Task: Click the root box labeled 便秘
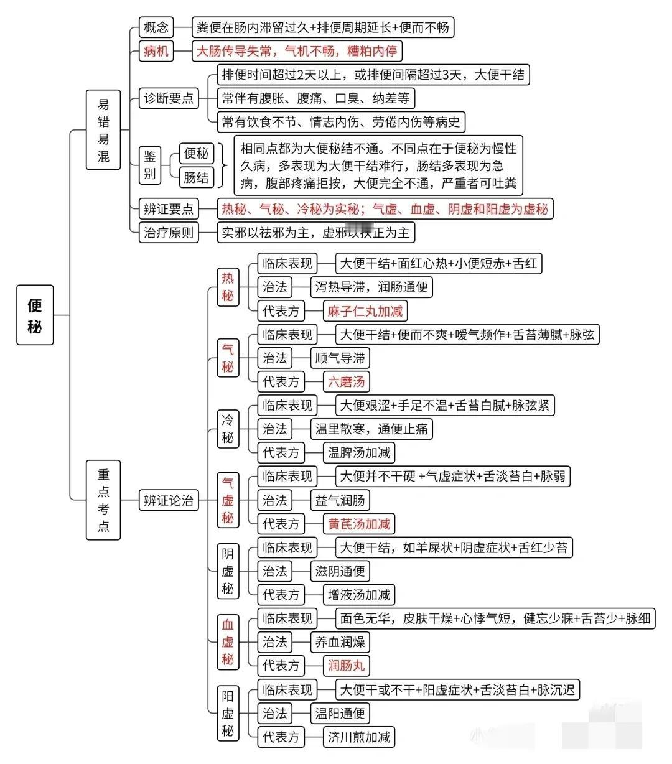tap(35, 315)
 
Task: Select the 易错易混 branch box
tap(103, 130)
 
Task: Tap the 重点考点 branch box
tap(103, 500)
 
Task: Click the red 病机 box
tap(156, 51)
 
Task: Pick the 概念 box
tap(156, 27)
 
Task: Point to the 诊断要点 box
tap(169, 98)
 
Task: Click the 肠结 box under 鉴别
tap(197, 177)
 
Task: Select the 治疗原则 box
tap(169, 232)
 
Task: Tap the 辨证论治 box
tap(169, 500)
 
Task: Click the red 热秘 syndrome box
tap(228, 287)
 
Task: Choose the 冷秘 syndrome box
tap(228, 429)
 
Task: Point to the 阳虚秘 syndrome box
tap(228, 714)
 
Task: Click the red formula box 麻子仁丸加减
tap(365, 311)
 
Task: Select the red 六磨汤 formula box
tap(346, 381)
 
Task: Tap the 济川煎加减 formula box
tap(359, 737)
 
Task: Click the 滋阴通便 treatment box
tap(340, 571)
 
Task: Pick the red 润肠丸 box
tap(346, 666)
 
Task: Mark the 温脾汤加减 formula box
tap(359, 452)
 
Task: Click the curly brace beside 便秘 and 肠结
tap(223, 165)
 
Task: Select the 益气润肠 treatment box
tap(340, 500)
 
